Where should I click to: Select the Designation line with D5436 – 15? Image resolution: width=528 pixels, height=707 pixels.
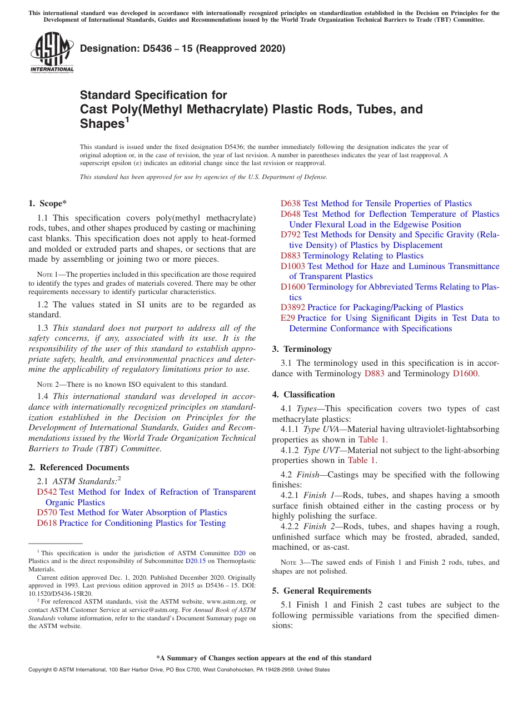pyautogui.click(x=182, y=48)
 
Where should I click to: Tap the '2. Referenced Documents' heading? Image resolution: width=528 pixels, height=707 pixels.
pyautogui.click(x=78, y=467)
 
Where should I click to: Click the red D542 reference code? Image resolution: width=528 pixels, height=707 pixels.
pyautogui.click(x=47, y=492)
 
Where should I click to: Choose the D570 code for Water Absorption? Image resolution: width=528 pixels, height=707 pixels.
pyautogui.click(x=47, y=512)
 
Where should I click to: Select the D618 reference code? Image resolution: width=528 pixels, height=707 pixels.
pyautogui.click(x=47, y=523)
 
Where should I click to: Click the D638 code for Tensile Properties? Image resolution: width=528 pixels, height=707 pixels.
pyautogui.click(x=291, y=203)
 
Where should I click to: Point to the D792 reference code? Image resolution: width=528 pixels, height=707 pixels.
pyautogui.click(x=291, y=235)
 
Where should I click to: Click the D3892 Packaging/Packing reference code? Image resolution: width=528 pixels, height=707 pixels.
pyautogui.click(x=293, y=307)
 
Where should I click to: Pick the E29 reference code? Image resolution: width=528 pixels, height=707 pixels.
pyautogui.click(x=288, y=318)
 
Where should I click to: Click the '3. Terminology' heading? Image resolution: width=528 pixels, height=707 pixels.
pyautogui.click(x=302, y=349)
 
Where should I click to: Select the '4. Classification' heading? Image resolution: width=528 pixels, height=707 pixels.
pyautogui.click(x=303, y=395)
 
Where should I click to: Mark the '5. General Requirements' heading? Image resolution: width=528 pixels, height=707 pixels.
pyautogui.click(x=321, y=591)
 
